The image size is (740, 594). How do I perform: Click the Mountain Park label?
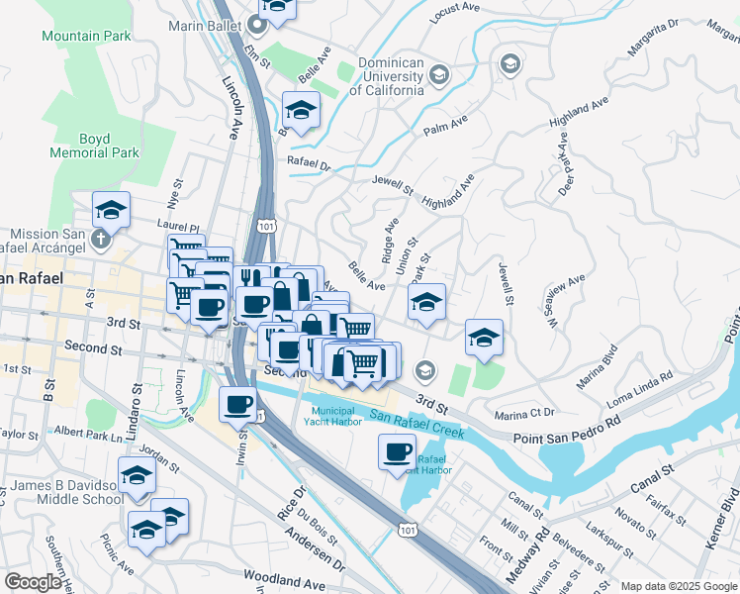tap(86, 36)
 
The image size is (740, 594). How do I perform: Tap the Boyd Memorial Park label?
tap(95, 147)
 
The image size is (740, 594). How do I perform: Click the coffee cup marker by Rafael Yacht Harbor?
tap(397, 451)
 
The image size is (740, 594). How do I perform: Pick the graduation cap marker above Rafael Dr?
tap(301, 109)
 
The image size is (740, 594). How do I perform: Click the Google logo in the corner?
tap(33, 582)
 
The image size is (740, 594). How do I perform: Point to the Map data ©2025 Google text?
tap(679, 586)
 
